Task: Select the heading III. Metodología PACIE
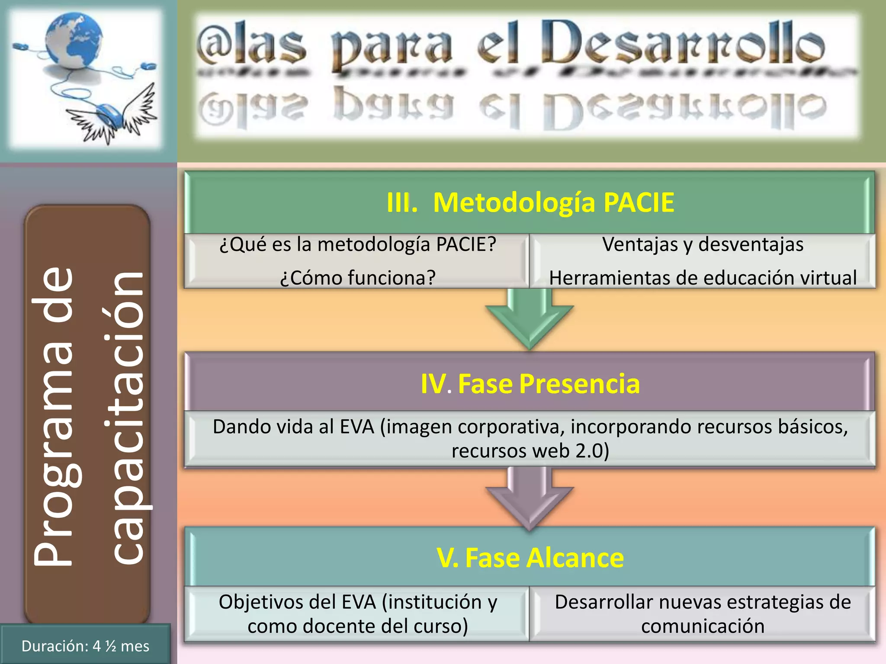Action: pos(530,202)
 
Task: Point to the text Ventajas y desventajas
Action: pos(703,245)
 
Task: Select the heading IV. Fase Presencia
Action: pos(530,383)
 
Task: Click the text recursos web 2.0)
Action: pos(530,451)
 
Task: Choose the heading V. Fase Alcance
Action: pos(530,558)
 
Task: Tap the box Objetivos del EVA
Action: pos(357,614)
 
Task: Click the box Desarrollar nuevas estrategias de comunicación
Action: pos(703,614)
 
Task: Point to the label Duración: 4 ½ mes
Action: pos(85,646)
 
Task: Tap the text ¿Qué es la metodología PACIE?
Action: pos(357,245)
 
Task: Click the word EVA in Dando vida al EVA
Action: pos(357,427)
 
